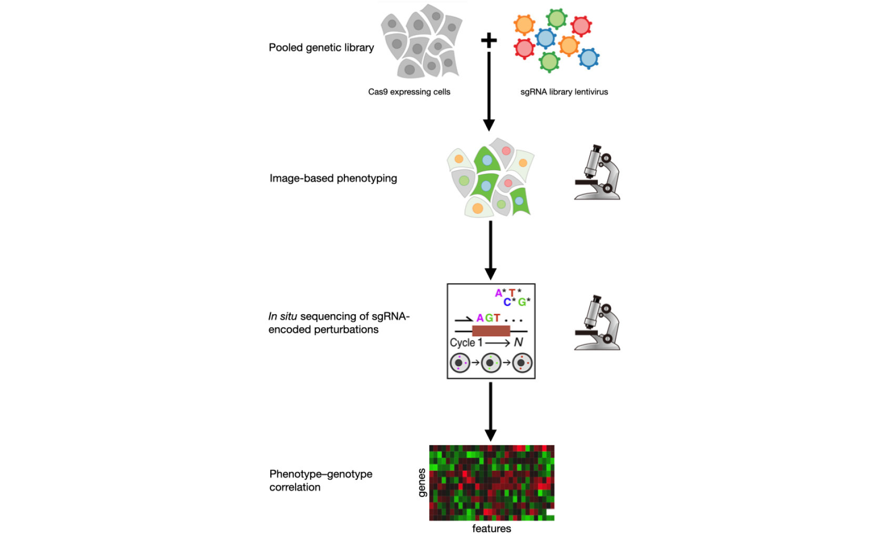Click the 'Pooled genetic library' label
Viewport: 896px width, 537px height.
[321, 47]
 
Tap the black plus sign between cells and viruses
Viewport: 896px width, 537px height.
[489, 40]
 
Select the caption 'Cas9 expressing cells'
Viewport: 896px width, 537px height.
[409, 92]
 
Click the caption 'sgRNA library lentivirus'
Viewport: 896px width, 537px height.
[564, 92]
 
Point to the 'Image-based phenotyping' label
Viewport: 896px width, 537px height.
[333, 178]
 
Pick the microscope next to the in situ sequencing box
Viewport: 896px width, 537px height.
[597, 323]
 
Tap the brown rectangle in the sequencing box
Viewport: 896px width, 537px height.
[491, 331]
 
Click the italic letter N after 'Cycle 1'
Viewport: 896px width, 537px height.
[518, 343]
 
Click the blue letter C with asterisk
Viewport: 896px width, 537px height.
[508, 302]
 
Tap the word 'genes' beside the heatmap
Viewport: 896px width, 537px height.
[422, 482]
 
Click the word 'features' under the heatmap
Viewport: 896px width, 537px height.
[491, 529]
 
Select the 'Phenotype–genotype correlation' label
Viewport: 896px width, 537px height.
[320, 480]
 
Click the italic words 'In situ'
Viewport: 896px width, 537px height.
[282, 316]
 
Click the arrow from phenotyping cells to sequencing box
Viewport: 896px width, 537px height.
[490, 250]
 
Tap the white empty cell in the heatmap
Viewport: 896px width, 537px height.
[550, 512]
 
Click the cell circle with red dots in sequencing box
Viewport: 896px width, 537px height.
[522, 363]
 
